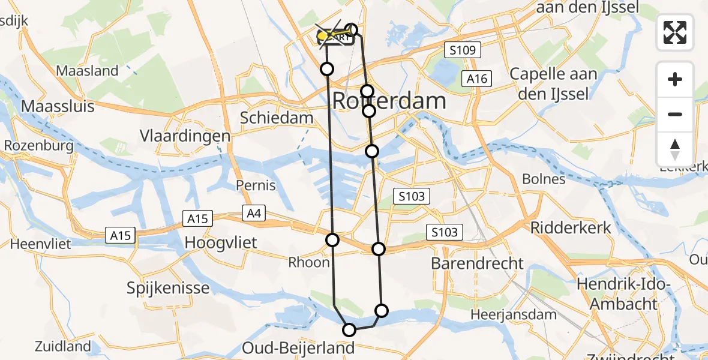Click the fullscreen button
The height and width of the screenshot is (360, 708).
[675, 32]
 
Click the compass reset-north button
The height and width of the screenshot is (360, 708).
[675, 149]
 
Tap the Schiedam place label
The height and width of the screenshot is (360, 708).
[277, 118]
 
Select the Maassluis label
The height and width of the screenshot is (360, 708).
[58, 107]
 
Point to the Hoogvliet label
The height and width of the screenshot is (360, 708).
[221, 243]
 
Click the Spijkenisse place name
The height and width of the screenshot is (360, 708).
[168, 288]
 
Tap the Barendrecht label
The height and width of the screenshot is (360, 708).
[478, 263]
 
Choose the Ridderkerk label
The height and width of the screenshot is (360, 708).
[571, 228]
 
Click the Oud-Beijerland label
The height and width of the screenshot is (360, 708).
[298, 348]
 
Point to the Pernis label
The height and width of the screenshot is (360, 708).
[256, 185]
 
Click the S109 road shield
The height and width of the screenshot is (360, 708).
[463, 50]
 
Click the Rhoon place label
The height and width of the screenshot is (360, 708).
[309, 262]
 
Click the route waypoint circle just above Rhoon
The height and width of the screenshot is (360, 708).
[332, 240]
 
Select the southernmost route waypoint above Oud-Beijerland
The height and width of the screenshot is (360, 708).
[349, 329]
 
